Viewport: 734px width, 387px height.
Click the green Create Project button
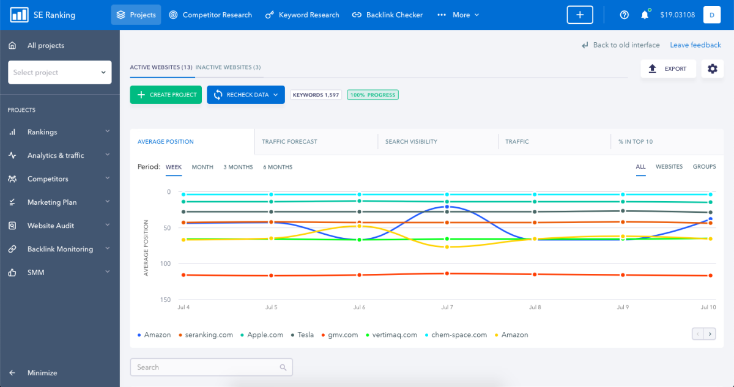pos(166,95)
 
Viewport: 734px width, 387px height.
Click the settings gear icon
pos(712,69)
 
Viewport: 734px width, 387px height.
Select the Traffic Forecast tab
pos(289,142)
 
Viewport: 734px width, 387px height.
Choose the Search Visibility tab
pos(411,142)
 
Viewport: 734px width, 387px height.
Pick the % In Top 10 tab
pos(635,142)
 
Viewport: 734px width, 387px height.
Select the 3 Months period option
pos(238,167)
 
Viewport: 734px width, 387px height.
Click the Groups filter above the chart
pos(704,167)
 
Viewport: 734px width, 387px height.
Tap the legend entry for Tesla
pos(305,335)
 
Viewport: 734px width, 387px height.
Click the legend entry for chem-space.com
pos(459,335)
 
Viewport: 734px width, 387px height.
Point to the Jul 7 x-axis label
pos(447,308)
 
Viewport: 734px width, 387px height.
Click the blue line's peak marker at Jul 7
pos(447,207)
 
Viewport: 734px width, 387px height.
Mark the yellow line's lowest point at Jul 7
pos(447,247)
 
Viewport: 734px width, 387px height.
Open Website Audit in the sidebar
pos(51,226)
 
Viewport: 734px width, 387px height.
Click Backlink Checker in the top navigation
pos(394,15)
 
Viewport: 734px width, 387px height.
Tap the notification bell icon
pos(644,15)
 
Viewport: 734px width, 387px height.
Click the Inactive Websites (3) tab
pos(228,67)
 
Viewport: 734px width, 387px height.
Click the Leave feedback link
pos(695,45)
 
